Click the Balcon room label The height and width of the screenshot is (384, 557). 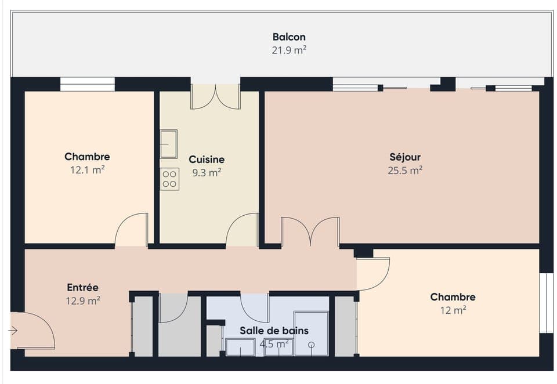point(289,37)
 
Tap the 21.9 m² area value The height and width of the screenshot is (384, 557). point(289,50)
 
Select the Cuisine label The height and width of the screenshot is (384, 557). point(207,159)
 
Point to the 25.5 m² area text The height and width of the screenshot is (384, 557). point(404,171)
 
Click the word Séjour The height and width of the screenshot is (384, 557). point(404,157)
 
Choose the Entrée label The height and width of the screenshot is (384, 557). point(82,287)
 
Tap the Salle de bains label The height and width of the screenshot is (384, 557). point(274,331)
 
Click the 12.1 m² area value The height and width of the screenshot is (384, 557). point(87,171)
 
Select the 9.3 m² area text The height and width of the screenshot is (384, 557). point(207,172)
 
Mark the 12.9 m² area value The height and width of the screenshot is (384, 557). point(82,300)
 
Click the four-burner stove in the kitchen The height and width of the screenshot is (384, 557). point(169,179)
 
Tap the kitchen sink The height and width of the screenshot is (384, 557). point(168,144)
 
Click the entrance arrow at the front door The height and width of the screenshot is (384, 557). point(13,331)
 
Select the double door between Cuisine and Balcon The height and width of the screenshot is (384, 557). point(215,96)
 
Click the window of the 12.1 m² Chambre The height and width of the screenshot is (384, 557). point(87,85)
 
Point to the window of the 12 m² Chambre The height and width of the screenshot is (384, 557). point(545,303)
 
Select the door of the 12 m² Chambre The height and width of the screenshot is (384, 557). point(372,274)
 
